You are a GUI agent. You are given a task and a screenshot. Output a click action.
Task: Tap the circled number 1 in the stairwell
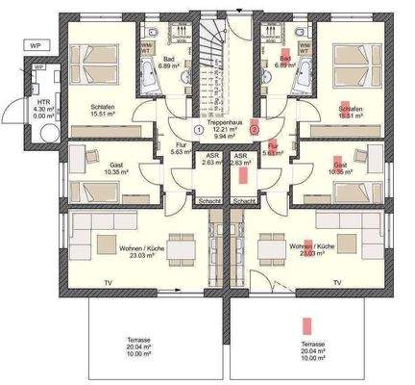pyautogui.click(x=197, y=128)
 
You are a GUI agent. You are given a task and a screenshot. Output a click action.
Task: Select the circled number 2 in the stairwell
pyautogui.click(x=254, y=128)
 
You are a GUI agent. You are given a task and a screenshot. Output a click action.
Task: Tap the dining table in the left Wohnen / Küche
pyautogui.click(x=175, y=244)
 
